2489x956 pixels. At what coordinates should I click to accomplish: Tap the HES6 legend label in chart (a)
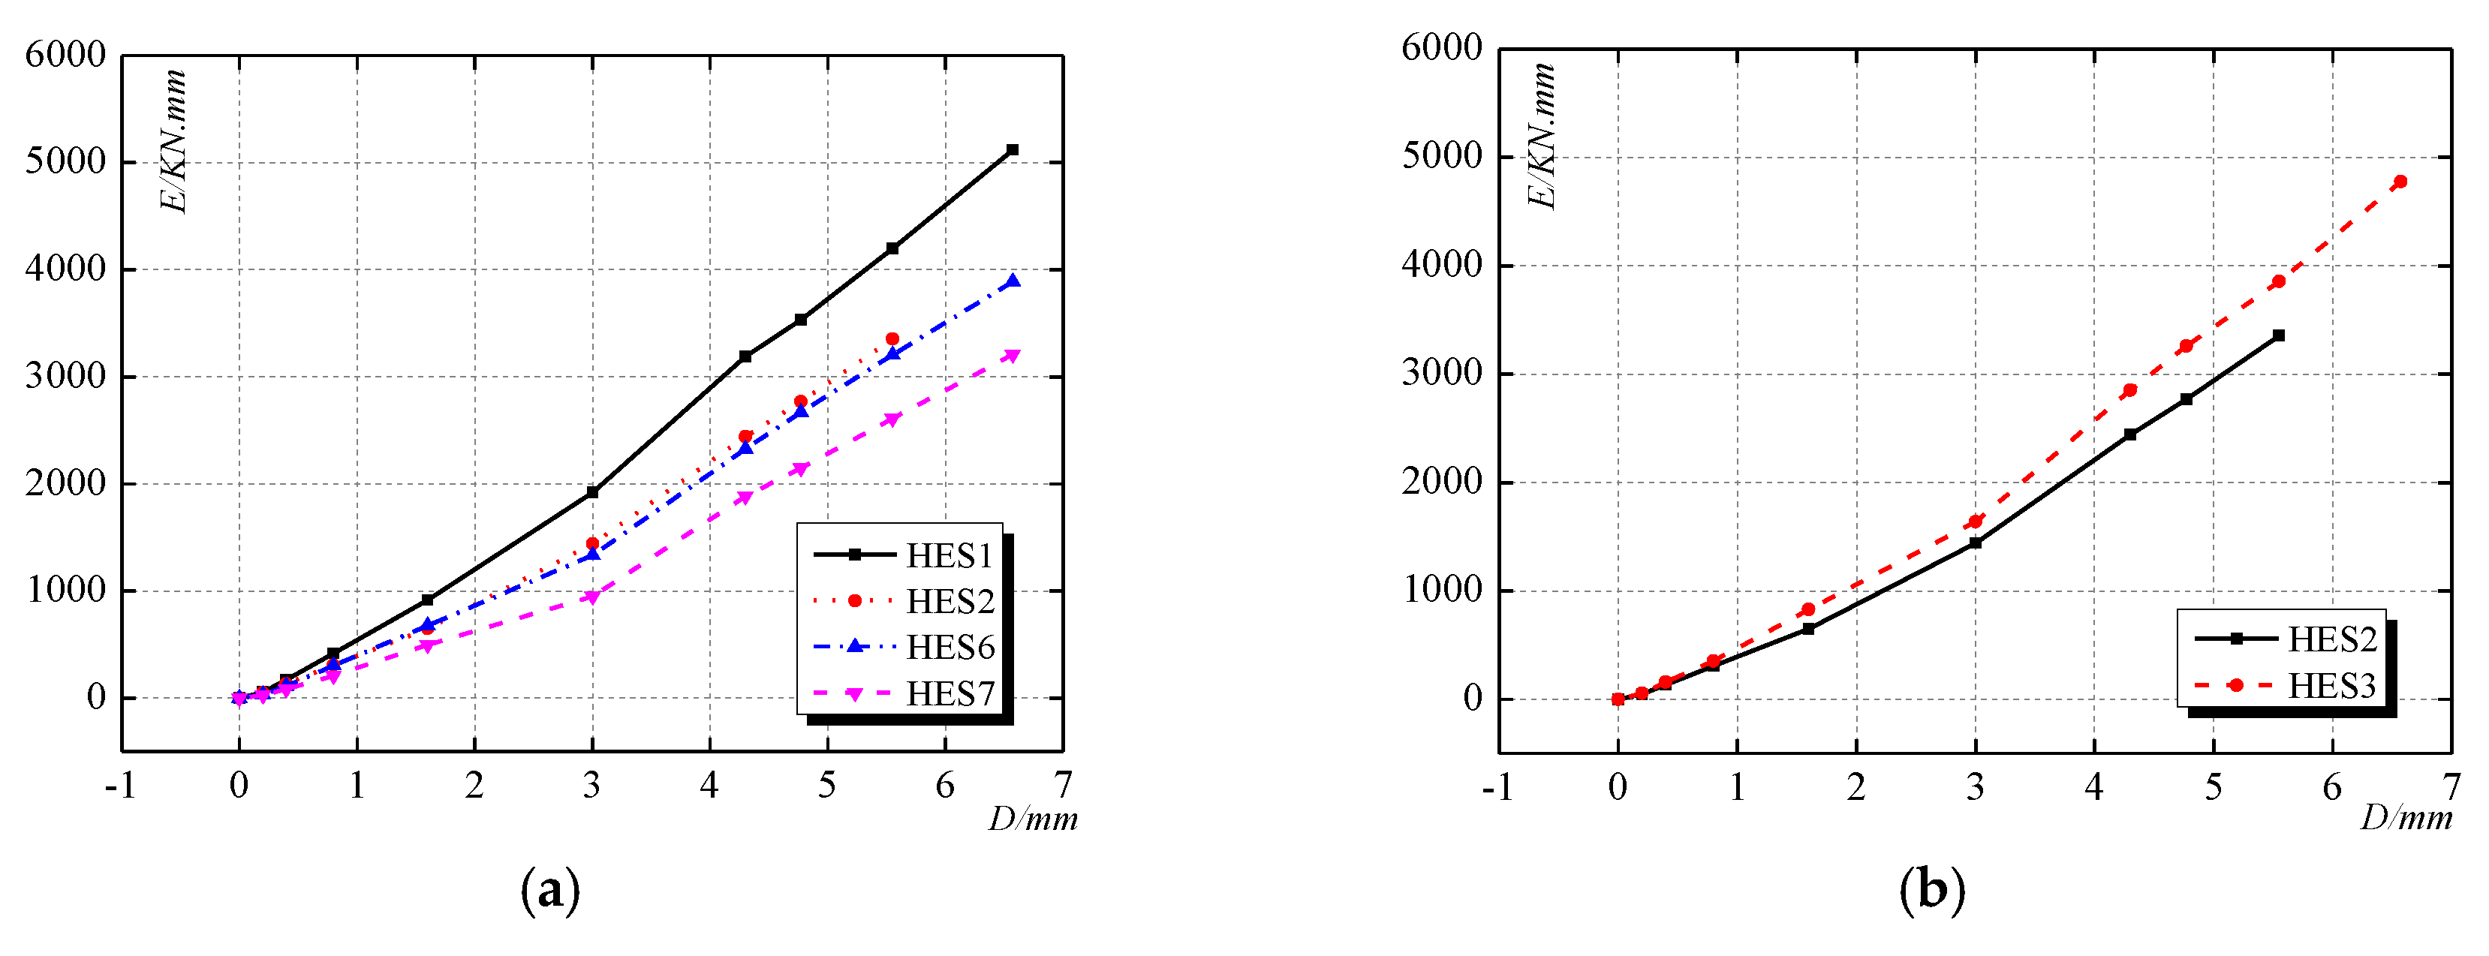tap(949, 647)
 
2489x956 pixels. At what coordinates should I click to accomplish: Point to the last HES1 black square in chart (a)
tap(1013, 149)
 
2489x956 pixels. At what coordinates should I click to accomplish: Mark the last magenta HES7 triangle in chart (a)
tap(1013, 356)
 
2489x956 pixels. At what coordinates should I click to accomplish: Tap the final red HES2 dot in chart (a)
tap(892, 339)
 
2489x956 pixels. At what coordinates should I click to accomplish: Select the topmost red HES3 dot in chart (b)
tap(2400, 182)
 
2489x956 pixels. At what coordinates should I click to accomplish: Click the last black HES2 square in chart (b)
tap(2278, 335)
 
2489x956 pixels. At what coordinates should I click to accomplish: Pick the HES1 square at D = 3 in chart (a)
tap(592, 492)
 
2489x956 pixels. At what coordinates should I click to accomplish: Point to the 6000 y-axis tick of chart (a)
tap(66, 55)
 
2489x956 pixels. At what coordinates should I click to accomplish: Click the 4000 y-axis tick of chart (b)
tap(1442, 265)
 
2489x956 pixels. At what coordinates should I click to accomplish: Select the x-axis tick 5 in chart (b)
tap(2213, 788)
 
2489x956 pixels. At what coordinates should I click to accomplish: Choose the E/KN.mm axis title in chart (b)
tap(1543, 135)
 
